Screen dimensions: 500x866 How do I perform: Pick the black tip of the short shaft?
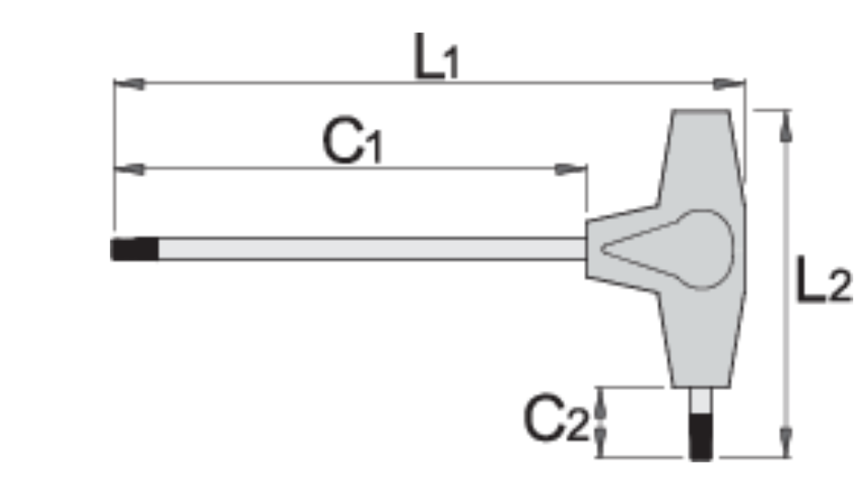point(703,437)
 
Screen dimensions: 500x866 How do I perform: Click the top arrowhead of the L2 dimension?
point(785,124)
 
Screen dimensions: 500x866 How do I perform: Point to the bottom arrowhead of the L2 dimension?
point(785,442)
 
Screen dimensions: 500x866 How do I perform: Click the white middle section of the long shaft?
point(366,249)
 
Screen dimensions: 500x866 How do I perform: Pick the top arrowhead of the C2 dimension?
point(601,399)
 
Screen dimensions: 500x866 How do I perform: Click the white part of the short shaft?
point(702,402)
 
